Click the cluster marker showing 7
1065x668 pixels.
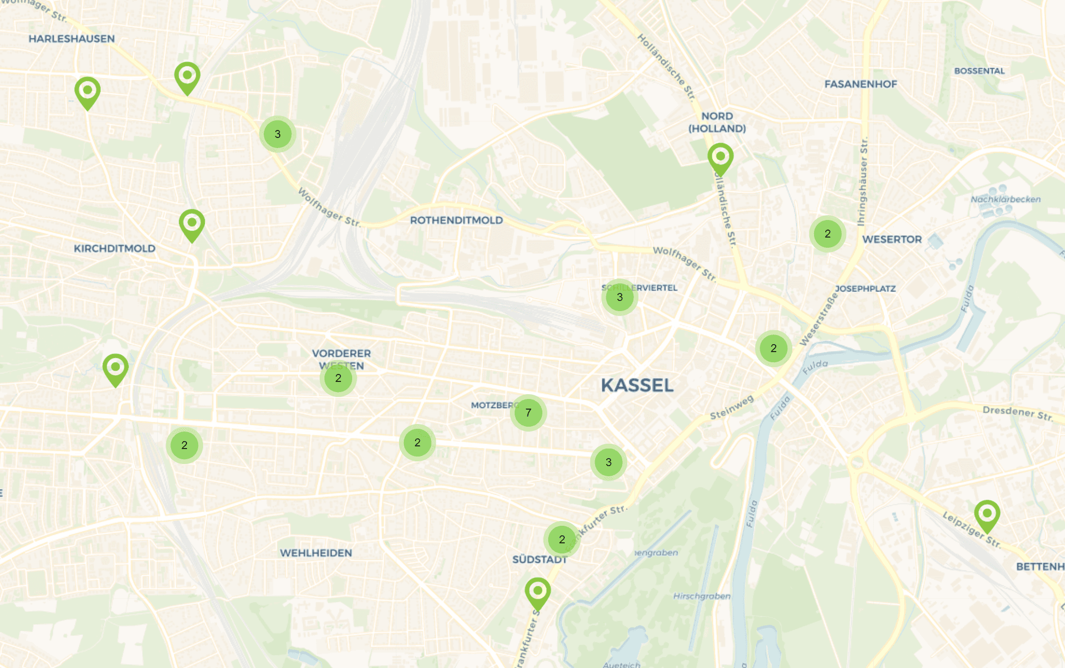(528, 413)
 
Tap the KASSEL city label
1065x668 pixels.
(637, 386)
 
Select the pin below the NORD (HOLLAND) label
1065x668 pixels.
(720, 158)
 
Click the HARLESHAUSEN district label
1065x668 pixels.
(72, 39)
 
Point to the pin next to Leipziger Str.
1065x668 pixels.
(987, 515)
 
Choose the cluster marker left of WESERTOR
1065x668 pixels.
(827, 234)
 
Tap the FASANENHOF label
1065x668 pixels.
(860, 84)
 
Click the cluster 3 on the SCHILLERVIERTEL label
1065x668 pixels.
(620, 297)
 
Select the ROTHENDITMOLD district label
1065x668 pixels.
(456, 221)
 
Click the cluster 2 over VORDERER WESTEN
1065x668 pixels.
(338, 378)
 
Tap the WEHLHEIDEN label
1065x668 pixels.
(316, 553)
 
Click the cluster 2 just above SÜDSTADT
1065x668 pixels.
(562, 540)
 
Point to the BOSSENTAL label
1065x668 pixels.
(979, 71)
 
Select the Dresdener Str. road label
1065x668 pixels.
(1018, 413)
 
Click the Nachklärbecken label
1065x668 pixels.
(1005, 199)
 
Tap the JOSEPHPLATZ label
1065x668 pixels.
(865, 289)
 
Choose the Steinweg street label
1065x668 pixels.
(732, 407)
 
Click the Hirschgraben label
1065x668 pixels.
(702, 596)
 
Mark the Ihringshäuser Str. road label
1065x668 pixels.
(863, 181)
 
